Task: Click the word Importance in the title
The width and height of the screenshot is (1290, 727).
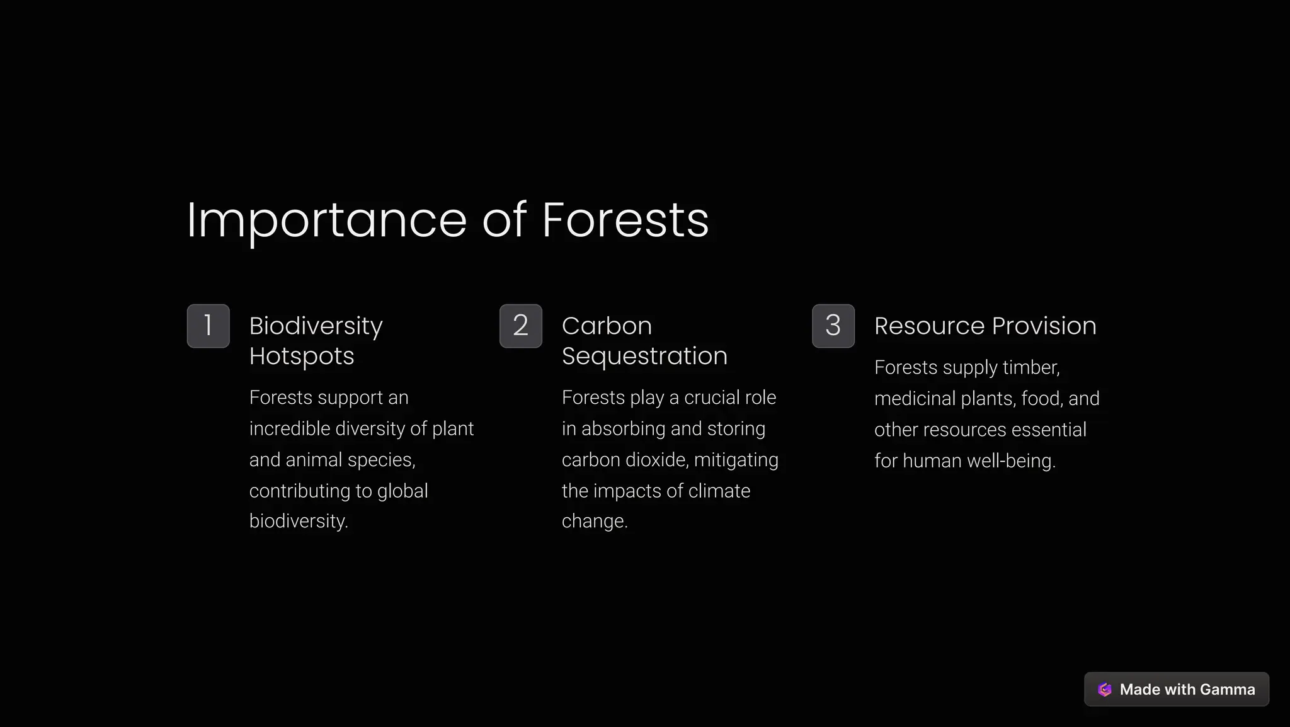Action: coord(326,220)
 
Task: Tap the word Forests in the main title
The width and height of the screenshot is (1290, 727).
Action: coord(625,220)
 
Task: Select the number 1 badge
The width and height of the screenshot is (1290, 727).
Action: coord(208,326)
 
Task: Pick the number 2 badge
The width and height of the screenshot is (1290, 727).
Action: coord(521,326)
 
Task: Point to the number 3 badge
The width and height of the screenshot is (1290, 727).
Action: coord(833,326)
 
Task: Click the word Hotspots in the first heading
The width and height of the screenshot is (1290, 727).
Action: coord(302,356)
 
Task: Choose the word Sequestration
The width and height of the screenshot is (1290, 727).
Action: coord(644,356)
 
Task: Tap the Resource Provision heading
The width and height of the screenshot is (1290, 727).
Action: coord(985,326)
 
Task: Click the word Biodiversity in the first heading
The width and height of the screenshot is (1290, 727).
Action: coord(316,326)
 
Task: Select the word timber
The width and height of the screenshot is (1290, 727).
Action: coord(1031,367)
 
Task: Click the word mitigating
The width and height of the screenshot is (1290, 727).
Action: coord(736,460)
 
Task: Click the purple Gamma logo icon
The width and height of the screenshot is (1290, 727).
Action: coord(1105,689)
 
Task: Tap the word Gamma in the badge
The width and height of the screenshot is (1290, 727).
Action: coord(1227,689)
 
